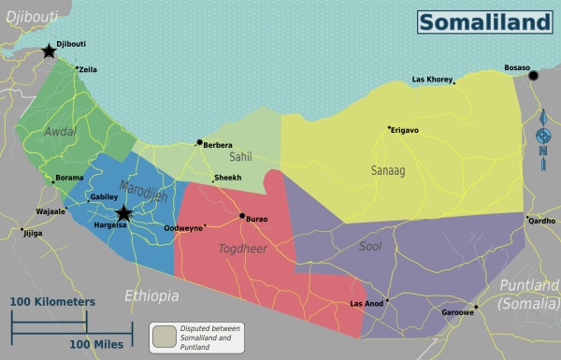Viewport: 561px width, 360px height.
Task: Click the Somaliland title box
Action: [484, 22]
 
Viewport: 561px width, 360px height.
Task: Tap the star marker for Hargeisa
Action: [123, 214]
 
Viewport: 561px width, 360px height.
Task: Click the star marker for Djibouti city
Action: [49, 50]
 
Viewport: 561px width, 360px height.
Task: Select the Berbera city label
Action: [218, 145]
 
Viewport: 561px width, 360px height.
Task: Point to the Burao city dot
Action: [242, 216]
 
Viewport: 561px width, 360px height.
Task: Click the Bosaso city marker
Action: [534, 76]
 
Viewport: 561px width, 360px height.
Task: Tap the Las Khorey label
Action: [432, 79]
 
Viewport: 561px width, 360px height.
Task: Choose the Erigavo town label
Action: [406, 130]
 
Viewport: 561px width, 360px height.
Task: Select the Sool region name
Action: [370, 247]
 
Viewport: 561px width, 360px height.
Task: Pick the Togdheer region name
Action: [244, 250]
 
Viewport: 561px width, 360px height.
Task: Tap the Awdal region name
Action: [60, 132]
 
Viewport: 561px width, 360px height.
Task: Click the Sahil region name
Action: [241, 158]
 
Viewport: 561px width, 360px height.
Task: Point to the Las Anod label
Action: [367, 304]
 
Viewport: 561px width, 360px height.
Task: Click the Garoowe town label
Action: [457, 313]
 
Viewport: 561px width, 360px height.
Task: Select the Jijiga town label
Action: [33, 233]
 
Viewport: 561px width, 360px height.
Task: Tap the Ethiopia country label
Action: [151, 295]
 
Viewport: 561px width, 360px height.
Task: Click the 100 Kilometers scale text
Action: [52, 302]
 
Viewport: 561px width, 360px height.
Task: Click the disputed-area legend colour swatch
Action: [165, 335]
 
